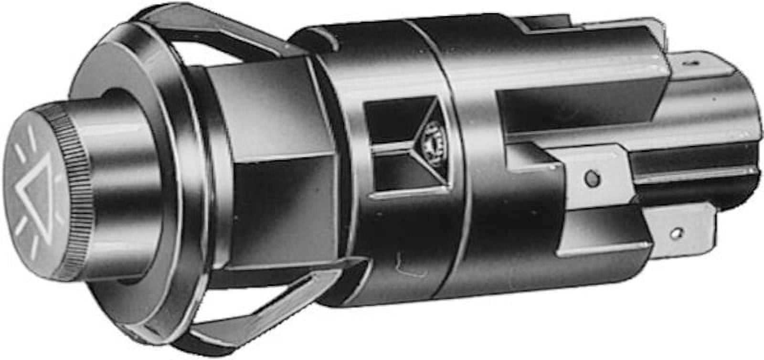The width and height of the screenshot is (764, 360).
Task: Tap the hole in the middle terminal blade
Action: (x=592, y=178)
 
